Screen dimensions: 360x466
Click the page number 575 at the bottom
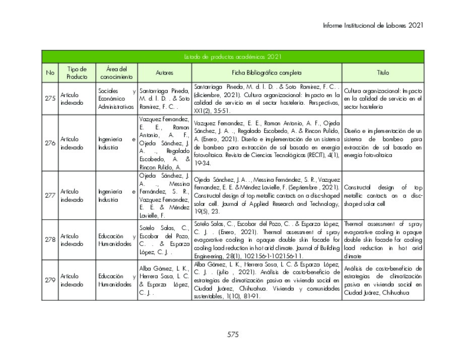[x=233, y=334]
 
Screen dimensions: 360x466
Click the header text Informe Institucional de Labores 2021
[x=373, y=25]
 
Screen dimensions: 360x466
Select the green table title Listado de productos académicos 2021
[x=233, y=57]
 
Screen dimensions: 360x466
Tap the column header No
[x=50, y=73]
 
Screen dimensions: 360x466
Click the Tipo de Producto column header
[x=77, y=73]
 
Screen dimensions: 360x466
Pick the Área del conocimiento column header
[x=116, y=73]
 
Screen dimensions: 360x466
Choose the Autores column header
[x=164, y=73]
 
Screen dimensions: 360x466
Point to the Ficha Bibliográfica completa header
[x=267, y=73]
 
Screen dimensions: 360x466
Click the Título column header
[x=383, y=73]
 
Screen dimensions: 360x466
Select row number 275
[x=50, y=98]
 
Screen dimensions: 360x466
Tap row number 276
[x=50, y=143]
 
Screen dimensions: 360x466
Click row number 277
[x=50, y=195]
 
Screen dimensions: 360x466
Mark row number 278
[x=50, y=240]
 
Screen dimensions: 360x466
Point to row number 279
[x=50, y=280]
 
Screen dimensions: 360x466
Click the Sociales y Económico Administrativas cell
[x=117, y=98]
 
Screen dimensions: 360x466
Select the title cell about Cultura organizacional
[x=383, y=98]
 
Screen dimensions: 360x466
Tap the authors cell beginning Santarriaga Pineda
[x=164, y=98]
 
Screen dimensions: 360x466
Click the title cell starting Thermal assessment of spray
[x=383, y=240]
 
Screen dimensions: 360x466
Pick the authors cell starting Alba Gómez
[x=164, y=280]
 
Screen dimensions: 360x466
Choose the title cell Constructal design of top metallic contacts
[x=383, y=195]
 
